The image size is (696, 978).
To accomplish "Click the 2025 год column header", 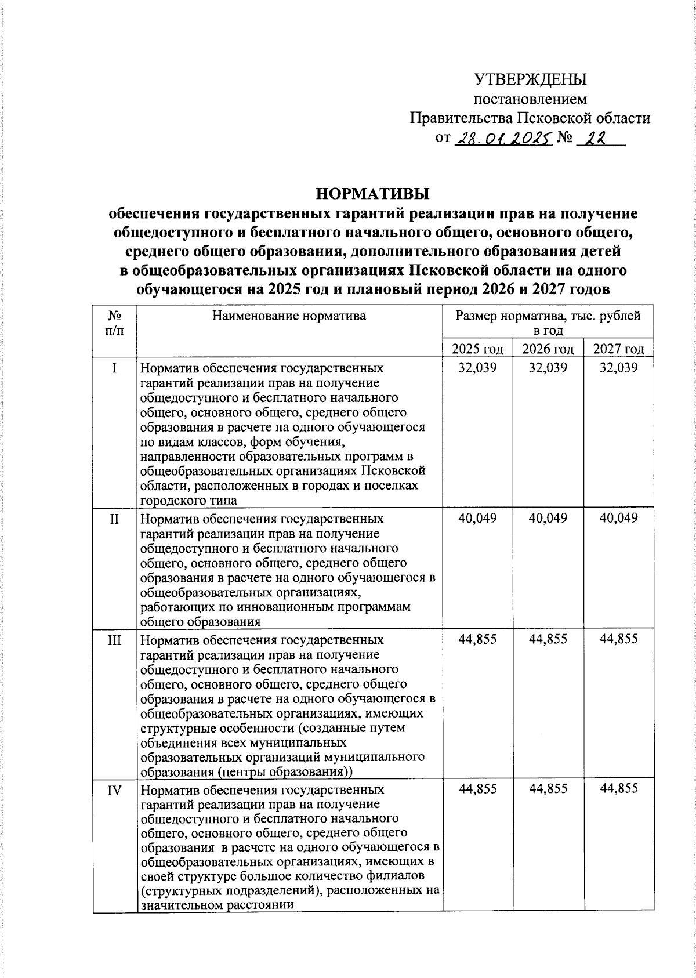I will click(477, 349).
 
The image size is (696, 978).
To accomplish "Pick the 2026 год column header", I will click(548, 349).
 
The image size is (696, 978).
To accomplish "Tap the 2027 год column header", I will click(619, 349).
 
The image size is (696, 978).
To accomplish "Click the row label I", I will click(115, 368).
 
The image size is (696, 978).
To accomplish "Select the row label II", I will click(115, 518).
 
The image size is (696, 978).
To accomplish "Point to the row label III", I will click(115, 639).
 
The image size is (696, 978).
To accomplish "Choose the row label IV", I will click(115, 789).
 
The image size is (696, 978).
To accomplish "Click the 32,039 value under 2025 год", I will click(477, 368).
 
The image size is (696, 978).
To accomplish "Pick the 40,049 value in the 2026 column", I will click(548, 518).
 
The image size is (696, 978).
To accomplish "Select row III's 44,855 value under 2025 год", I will click(477, 639).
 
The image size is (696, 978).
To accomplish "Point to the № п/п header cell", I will click(115, 323).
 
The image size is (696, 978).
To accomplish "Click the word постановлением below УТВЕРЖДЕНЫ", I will click(530, 99).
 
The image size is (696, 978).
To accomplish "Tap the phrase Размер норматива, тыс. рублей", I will click(548, 316).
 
